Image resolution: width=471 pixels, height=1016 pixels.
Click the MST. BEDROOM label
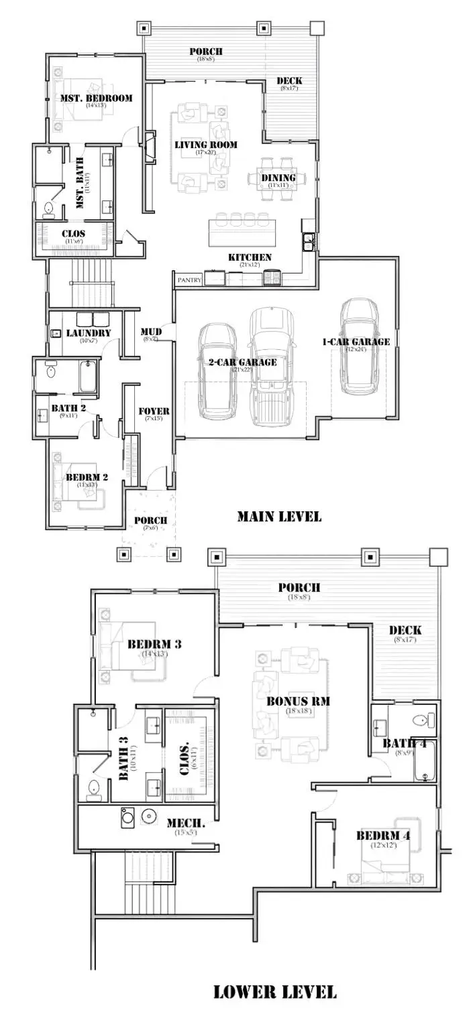tap(96, 98)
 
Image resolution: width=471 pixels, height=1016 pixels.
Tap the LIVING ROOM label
tap(205, 145)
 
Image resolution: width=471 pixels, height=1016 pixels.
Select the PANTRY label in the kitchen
tap(189, 280)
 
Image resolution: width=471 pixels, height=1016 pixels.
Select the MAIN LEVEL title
tap(278, 517)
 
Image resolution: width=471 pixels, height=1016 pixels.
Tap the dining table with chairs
tap(272, 178)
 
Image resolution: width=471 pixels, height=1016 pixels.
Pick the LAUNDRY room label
tap(88, 333)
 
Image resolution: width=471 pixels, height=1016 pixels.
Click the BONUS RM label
tap(296, 702)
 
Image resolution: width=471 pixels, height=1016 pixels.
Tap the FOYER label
tap(153, 411)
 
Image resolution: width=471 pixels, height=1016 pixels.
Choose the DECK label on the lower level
tap(405, 630)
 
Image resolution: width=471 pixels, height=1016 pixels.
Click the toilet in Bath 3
tap(94, 789)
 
